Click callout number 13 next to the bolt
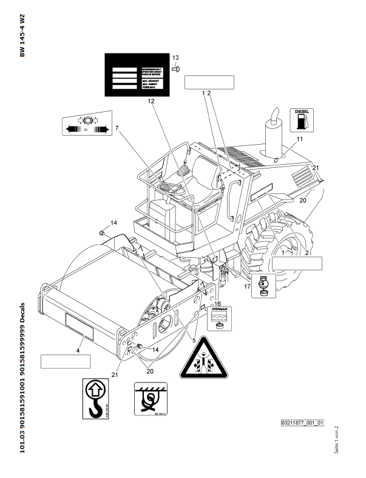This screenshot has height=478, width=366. (x=175, y=58)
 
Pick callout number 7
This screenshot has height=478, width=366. (x=117, y=128)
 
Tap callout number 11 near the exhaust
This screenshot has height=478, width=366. (x=299, y=140)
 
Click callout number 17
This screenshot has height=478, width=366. (x=247, y=285)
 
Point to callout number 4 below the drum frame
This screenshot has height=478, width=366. (x=78, y=351)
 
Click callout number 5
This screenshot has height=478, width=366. (x=194, y=341)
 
